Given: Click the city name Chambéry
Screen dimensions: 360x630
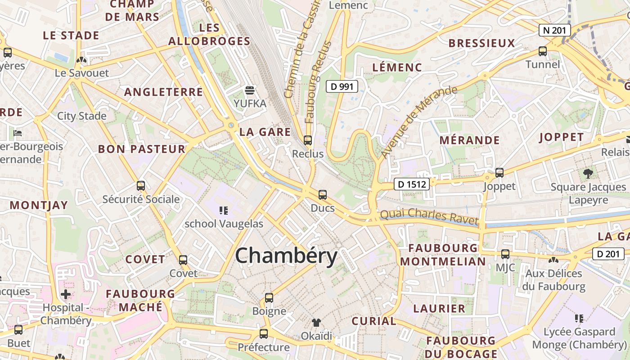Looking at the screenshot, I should (286, 256).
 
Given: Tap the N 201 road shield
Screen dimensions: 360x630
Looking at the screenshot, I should (555, 31).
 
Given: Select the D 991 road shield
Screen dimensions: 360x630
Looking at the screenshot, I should (342, 86).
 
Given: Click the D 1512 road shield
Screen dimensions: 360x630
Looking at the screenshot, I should (411, 184).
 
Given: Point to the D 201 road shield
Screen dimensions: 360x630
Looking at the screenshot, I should (608, 254).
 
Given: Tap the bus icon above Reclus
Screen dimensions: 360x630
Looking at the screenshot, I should (308, 140).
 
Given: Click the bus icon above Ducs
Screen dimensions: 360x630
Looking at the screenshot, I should (323, 195).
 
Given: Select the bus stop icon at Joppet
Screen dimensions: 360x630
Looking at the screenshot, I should (499, 173).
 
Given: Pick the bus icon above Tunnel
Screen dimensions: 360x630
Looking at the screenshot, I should (543, 51).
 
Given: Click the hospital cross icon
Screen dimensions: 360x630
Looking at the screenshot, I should (66, 295).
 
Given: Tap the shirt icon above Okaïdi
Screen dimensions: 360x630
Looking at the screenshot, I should (316, 323).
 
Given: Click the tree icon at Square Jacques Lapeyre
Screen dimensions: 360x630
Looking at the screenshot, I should (588, 174).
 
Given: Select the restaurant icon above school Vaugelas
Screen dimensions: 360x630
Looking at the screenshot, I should (224, 210).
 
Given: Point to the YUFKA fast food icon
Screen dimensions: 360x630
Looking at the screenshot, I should (250, 90).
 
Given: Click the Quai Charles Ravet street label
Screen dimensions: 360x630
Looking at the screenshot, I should (429, 217).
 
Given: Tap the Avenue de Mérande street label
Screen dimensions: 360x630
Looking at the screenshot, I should (418, 121).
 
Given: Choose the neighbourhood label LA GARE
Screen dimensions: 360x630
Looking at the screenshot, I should (265, 132).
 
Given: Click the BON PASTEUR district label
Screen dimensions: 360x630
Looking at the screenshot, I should (142, 149).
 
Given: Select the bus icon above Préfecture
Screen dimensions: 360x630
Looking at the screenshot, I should (264, 334).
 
